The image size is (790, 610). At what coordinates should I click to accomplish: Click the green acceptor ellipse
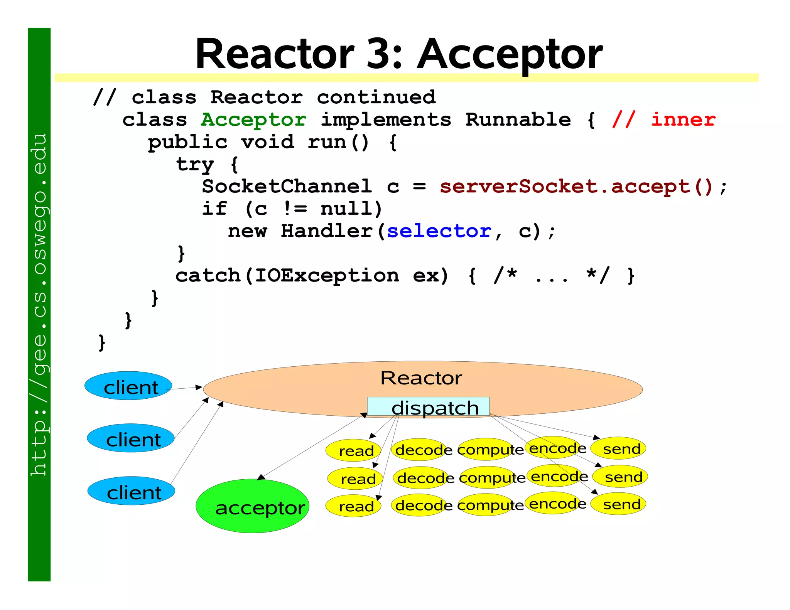coord(253,506)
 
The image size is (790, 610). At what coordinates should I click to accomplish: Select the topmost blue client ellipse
coord(128,386)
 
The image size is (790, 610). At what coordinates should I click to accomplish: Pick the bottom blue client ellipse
coord(131,491)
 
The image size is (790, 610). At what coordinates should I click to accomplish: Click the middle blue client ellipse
coord(131,438)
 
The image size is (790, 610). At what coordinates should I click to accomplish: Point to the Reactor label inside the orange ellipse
coord(421,378)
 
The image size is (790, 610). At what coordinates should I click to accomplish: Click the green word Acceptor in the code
coord(254,120)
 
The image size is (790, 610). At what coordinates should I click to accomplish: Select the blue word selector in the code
coord(439,231)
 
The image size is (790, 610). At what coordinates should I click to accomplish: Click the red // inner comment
coord(664,120)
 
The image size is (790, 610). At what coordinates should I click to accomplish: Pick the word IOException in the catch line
coord(327,276)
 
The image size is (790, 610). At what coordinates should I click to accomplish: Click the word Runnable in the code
coord(518,120)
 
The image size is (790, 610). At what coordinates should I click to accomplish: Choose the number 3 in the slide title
coord(379,54)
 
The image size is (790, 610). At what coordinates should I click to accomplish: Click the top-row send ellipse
coord(618,448)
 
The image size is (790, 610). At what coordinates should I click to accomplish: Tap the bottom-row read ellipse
coord(353,506)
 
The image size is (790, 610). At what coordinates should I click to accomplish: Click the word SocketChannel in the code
coord(287,187)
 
